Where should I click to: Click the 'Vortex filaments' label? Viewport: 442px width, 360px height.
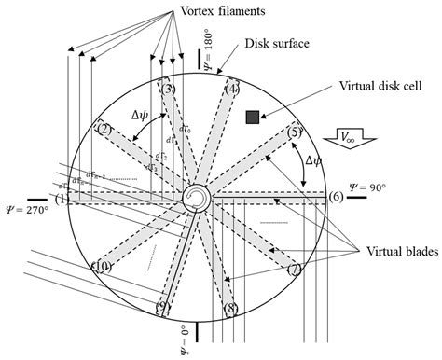(196, 11)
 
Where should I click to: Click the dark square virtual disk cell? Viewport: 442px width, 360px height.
(252, 117)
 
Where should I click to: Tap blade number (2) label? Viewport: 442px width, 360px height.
(104, 129)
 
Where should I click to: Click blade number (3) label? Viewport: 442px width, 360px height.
(167, 90)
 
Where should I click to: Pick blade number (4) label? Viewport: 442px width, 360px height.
(232, 90)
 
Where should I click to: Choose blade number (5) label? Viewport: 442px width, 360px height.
(296, 132)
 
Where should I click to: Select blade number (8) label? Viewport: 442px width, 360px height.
(231, 308)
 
